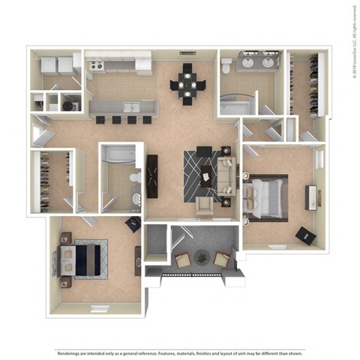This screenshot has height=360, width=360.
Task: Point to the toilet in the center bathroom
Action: (x=133, y=178)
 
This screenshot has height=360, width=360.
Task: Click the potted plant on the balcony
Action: (x=201, y=257)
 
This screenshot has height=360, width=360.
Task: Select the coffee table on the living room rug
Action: (x=205, y=178)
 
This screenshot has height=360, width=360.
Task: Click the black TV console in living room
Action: (x=153, y=176)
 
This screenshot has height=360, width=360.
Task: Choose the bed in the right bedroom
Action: (x=266, y=197)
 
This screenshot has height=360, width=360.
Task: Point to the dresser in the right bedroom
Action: (x=309, y=197)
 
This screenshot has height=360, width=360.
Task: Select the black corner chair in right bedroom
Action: (x=305, y=235)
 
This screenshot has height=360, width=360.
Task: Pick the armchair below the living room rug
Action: (x=203, y=205)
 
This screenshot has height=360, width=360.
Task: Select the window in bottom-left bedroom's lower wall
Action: (x=99, y=308)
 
